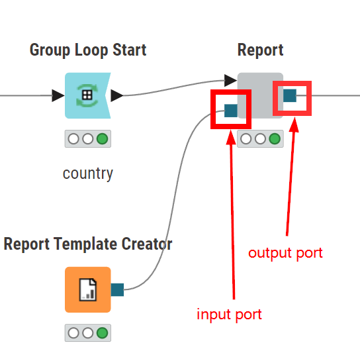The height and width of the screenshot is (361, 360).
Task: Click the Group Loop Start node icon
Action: [87, 95]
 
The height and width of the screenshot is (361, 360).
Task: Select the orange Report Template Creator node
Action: [87, 289]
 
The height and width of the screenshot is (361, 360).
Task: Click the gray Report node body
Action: [260, 95]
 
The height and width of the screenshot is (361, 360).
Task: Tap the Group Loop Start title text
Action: [88, 50]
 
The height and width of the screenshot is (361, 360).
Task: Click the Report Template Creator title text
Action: [88, 244]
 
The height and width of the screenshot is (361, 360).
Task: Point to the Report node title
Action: [260, 50]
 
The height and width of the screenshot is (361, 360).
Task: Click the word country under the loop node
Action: [88, 174]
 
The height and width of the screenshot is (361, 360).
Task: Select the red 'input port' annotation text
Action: [230, 315]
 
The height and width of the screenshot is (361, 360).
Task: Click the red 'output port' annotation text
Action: [285, 253]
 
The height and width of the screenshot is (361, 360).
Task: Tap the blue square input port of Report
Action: [231, 111]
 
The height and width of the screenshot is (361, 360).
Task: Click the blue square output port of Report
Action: [290, 95]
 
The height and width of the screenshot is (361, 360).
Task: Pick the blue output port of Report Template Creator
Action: [117, 289]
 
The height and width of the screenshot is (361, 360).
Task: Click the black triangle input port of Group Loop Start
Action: [58, 95]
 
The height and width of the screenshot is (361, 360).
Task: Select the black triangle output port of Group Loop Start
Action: [117, 95]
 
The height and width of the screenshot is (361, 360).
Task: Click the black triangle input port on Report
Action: [230, 80]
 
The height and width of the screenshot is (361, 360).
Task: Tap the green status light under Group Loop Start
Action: [102, 139]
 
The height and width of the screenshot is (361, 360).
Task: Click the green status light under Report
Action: [275, 139]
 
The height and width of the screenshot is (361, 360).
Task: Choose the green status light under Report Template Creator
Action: [102, 333]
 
